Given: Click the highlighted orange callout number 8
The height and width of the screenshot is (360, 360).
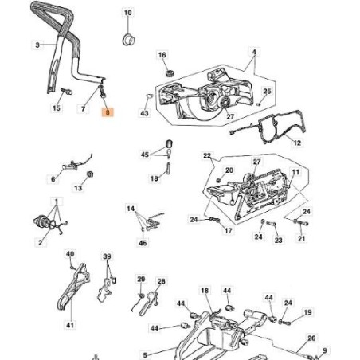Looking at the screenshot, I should [x=109, y=114].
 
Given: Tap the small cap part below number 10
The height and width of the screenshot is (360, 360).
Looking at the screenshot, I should [x=126, y=38].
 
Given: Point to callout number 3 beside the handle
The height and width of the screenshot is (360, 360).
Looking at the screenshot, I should [x=37, y=45].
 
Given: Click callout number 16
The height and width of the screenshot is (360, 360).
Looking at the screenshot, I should [x=163, y=54].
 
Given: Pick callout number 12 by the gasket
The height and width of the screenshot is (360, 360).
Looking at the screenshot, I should [x=297, y=143].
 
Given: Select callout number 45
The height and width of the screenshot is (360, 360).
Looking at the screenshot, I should [x=144, y=155].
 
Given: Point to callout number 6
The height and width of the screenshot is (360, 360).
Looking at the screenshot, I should [x=53, y=180].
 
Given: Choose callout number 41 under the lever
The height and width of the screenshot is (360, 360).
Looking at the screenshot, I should [x=70, y=326].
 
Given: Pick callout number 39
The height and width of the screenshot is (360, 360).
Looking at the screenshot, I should [x=106, y=256].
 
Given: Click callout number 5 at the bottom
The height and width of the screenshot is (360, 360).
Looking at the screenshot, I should [x=143, y=354].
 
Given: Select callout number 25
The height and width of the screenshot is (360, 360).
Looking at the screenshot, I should [x=268, y=92].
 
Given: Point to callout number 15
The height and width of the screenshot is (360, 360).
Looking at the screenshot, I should [x=56, y=107].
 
